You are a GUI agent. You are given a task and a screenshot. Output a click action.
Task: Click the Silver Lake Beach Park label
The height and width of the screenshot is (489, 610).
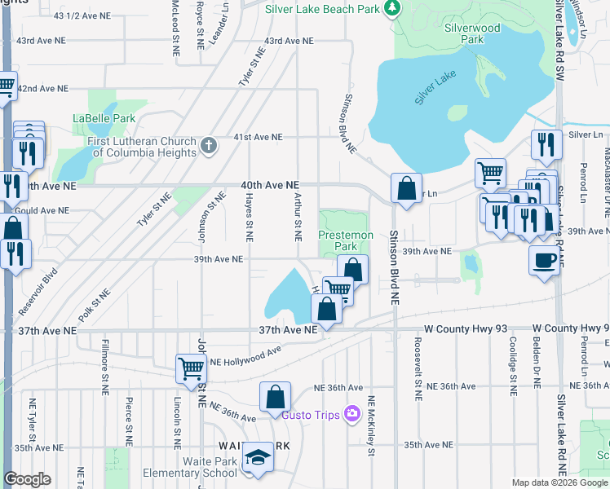point(324,8)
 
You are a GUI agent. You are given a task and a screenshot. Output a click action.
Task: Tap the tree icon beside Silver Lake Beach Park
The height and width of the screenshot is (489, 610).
point(393,8)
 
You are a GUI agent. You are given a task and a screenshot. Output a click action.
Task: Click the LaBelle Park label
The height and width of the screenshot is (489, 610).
point(104,118)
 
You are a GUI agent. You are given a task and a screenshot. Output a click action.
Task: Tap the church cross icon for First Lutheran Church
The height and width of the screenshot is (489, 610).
point(209,147)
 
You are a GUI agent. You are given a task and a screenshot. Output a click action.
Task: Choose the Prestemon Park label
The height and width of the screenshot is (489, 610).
point(345,240)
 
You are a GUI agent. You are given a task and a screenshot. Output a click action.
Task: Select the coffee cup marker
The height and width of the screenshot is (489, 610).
point(544,261)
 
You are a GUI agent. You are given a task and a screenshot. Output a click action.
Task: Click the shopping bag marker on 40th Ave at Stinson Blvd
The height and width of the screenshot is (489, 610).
point(406,189)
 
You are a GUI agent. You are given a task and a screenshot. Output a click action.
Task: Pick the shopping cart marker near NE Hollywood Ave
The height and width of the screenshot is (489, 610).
point(191,368)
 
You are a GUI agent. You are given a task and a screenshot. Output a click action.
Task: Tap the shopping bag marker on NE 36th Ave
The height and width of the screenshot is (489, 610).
point(276,397)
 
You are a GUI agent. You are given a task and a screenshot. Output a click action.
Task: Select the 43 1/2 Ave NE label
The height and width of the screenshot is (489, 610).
point(81,15)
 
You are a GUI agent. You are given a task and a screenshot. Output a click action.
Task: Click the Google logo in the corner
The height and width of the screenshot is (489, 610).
point(28,479)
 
